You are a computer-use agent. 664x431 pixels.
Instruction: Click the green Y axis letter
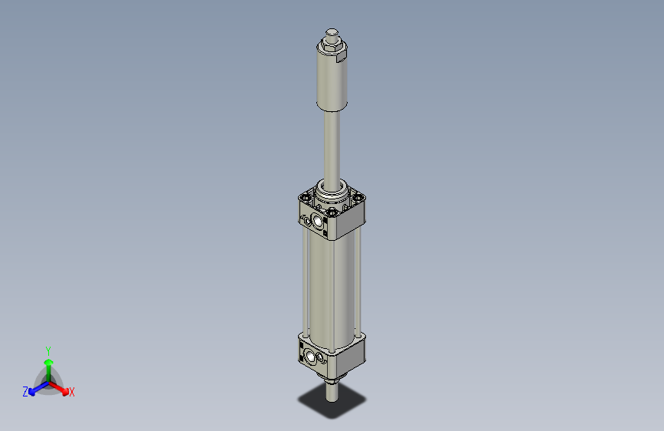[48, 350]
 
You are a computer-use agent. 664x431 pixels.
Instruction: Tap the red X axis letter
[72, 393]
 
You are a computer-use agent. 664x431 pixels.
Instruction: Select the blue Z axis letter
[25, 392]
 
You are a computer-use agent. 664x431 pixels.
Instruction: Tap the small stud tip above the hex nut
[332, 33]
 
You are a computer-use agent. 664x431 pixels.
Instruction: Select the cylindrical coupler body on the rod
[332, 84]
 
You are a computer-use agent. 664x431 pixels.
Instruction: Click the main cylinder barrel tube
[331, 284]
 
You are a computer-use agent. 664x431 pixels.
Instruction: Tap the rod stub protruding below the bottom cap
[332, 391]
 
